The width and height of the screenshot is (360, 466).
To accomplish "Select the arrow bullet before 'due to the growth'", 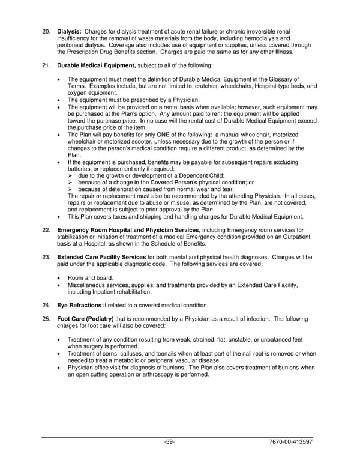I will (71, 175).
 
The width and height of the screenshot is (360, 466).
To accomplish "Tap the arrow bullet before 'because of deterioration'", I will (71, 189).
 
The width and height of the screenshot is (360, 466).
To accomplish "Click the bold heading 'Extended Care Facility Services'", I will (101, 256).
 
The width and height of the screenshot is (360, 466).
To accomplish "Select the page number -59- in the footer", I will (169, 442).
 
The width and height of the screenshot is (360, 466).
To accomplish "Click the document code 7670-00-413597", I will (291, 442).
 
